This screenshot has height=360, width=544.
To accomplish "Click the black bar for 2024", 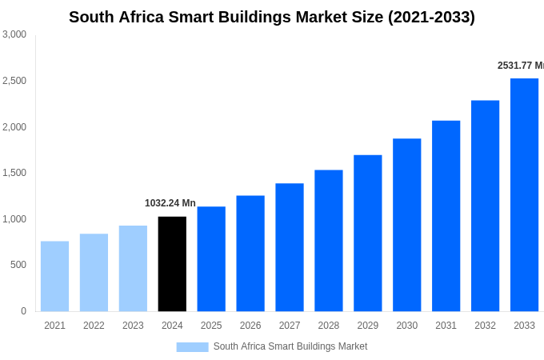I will click(x=172, y=264).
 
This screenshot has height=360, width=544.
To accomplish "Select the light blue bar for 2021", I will click(x=54, y=276).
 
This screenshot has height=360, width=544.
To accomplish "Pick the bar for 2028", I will click(x=328, y=240).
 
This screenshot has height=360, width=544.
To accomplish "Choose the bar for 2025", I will click(x=211, y=258).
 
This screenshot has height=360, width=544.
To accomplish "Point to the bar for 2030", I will click(x=406, y=225).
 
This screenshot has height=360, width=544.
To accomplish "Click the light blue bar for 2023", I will click(x=133, y=268).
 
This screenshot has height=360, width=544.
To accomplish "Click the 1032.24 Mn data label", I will click(x=170, y=203).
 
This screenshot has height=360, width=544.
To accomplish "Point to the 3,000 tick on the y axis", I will click(x=14, y=34).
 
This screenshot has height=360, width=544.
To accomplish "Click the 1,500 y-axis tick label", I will click(x=14, y=173).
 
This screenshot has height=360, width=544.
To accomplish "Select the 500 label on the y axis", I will click(x=18, y=265).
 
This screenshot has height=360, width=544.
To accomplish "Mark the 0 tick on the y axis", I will click(x=23, y=311).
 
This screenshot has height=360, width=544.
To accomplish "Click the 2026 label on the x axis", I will click(x=250, y=326).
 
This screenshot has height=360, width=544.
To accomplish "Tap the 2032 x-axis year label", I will click(x=485, y=326).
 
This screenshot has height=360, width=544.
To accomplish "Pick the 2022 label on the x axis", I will click(x=94, y=326).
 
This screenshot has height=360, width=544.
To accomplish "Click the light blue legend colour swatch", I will click(x=192, y=347).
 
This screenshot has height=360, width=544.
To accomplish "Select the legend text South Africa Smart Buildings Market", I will click(x=290, y=346).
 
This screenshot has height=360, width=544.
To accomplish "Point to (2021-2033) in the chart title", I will click(x=431, y=17).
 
